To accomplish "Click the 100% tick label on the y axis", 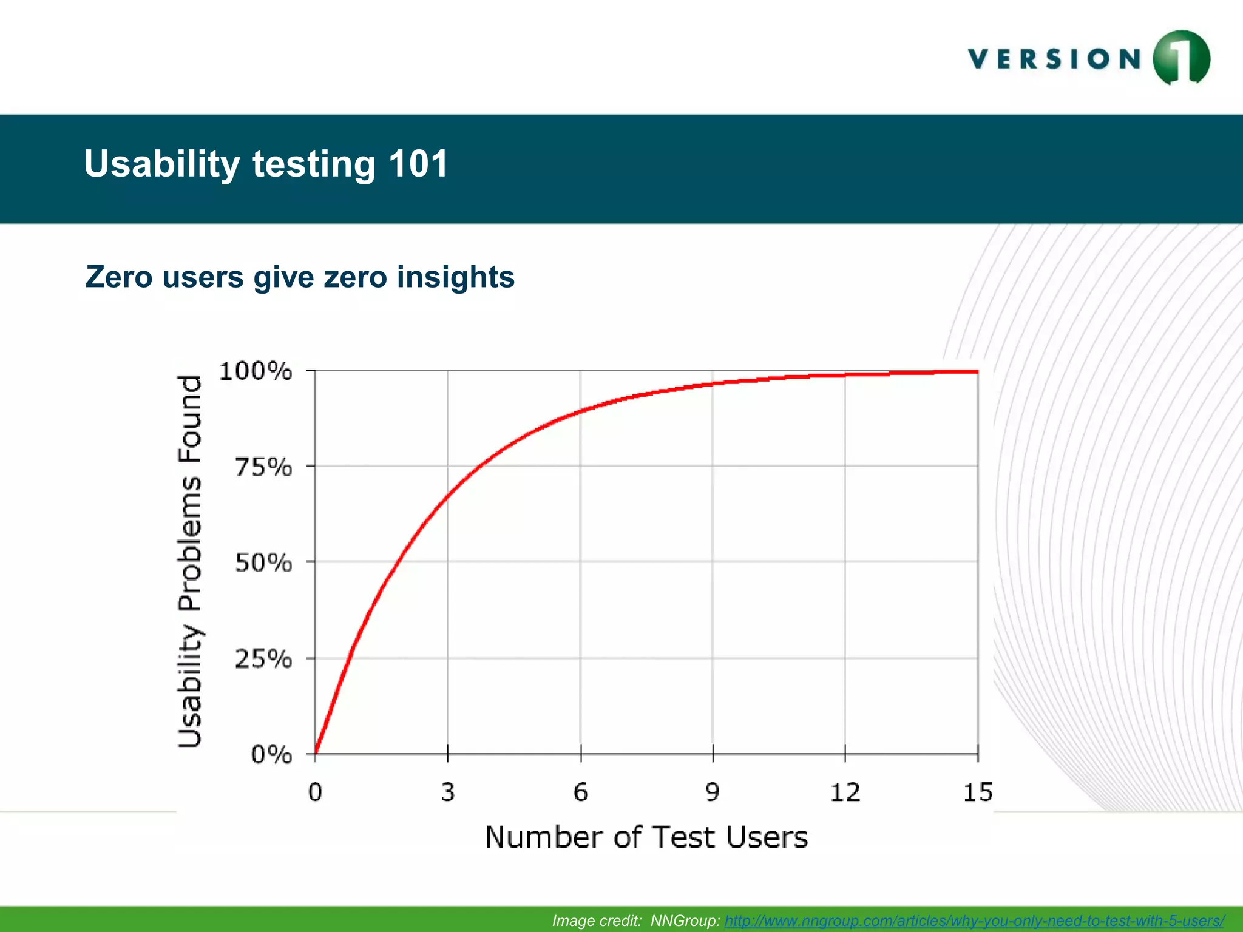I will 256,371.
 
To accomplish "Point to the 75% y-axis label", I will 263,468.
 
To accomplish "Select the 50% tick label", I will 263,564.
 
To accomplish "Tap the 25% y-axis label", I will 263,660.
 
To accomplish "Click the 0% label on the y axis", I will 271,755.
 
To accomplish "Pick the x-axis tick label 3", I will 448,792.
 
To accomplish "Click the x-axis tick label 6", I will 581,792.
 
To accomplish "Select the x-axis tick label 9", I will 713,792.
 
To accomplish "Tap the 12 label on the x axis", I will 845,792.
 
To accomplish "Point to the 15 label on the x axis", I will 978,792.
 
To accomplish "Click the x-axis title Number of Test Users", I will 646,838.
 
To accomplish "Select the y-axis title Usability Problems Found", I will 190,561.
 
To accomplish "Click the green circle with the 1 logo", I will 1181,58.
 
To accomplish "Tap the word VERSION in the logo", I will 1055,59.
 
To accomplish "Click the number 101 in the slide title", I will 418,164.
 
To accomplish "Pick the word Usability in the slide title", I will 162,164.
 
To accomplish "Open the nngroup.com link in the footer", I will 974,920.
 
